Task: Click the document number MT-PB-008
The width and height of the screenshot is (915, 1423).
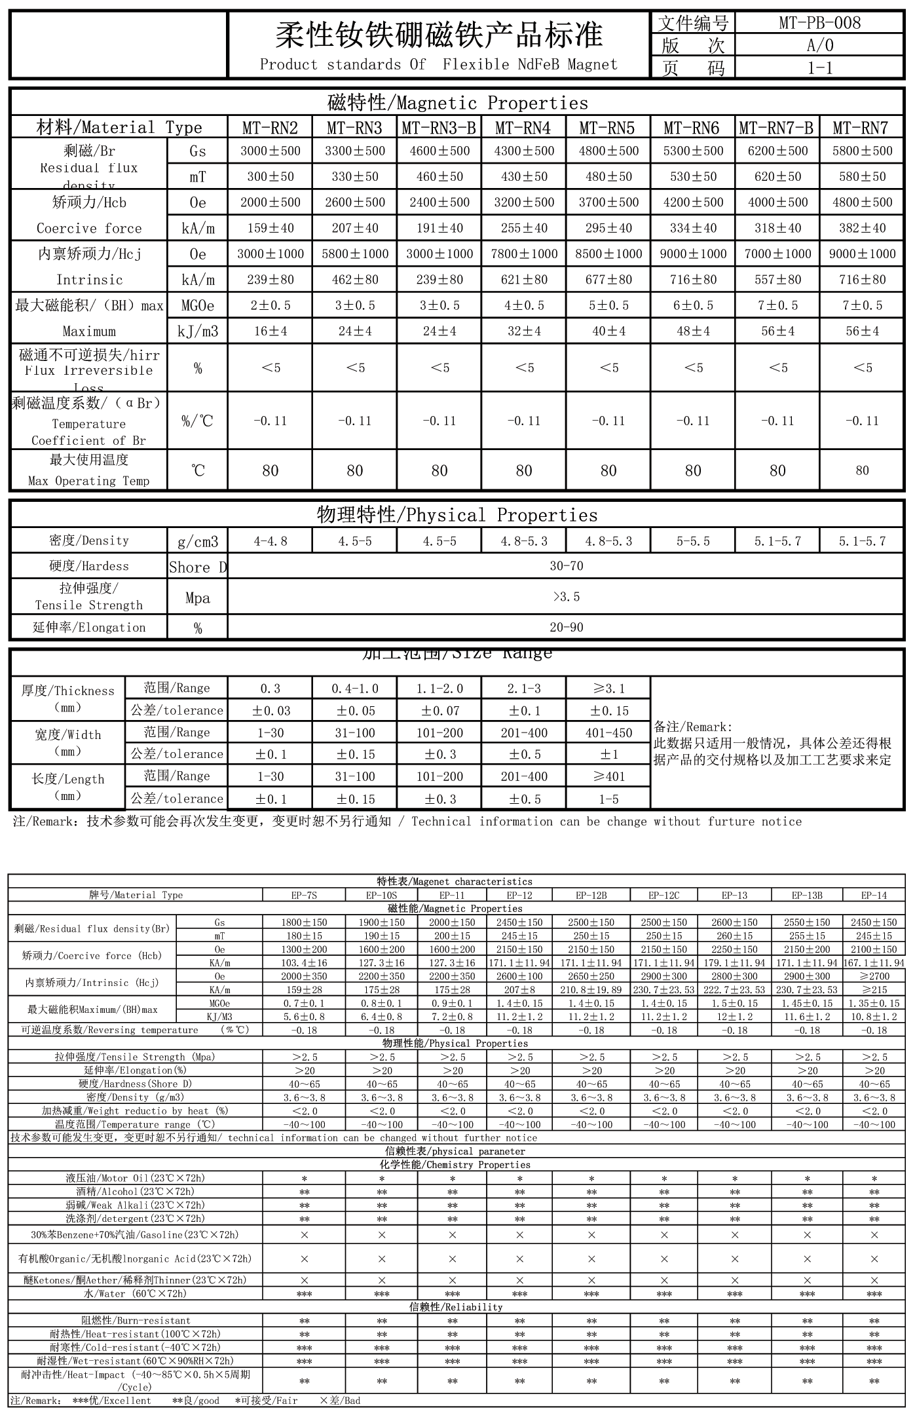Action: [x=819, y=23]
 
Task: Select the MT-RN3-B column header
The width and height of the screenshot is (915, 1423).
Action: [x=439, y=127]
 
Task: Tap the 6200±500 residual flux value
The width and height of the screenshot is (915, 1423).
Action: [x=777, y=151]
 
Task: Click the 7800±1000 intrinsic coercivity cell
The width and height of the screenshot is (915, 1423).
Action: [x=524, y=254]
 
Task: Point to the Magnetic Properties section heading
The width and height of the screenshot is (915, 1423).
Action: [x=457, y=103]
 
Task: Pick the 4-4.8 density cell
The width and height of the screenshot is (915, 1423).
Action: [x=270, y=541]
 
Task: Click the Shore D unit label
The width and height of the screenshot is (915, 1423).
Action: [x=197, y=567]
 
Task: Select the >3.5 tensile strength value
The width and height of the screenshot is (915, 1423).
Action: [x=566, y=597]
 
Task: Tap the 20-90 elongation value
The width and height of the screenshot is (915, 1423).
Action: [x=566, y=628]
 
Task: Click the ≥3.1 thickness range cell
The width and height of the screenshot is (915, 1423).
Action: [x=608, y=689]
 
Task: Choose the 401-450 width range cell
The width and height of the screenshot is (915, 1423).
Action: [x=608, y=733]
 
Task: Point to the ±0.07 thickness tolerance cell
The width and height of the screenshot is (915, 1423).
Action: [x=439, y=711]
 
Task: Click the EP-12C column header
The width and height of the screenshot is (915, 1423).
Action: [x=663, y=895]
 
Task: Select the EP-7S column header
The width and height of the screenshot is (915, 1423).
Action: [x=304, y=895]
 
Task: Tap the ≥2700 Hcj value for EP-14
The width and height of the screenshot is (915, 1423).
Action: [x=874, y=976]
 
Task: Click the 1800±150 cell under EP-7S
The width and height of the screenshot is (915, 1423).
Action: [x=304, y=922]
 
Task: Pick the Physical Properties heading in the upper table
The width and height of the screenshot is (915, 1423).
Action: [x=457, y=515]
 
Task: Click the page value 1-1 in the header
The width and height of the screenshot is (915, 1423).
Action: [x=819, y=67]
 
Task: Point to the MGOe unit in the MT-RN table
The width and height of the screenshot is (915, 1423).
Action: [x=197, y=306]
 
